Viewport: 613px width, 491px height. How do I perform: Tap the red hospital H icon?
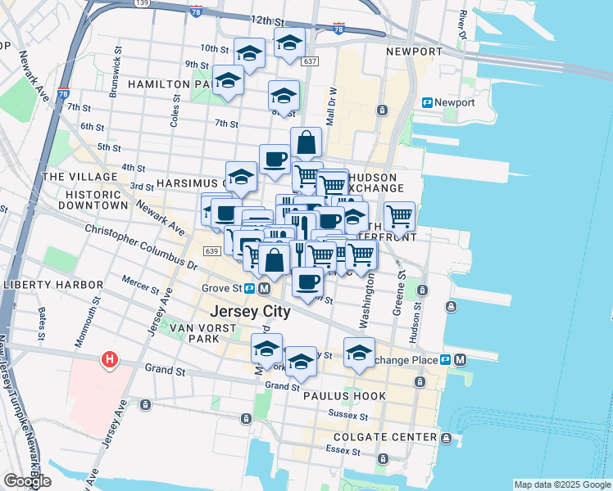tap(108, 359)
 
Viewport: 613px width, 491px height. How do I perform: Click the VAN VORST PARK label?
tap(202, 333)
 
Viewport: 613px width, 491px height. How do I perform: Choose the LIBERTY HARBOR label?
tap(52, 285)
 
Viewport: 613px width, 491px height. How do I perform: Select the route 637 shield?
tap(310, 61)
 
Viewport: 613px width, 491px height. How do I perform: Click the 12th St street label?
tap(272, 20)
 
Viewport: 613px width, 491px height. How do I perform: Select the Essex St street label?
tap(337, 449)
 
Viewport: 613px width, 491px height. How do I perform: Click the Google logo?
tap(27, 481)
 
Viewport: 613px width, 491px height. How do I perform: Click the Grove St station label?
tap(220, 288)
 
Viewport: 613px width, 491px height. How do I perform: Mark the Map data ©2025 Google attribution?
tap(561, 484)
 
